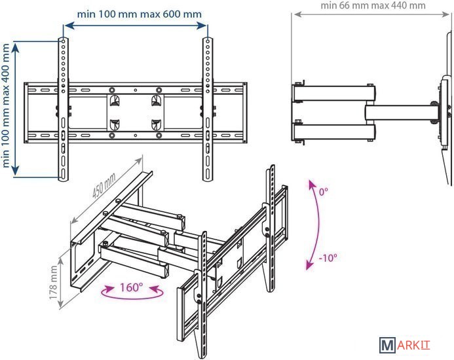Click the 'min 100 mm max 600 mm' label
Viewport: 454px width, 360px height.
pyautogui.click(x=140, y=14)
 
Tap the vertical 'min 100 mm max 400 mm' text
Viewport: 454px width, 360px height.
pyautogui.click(x=6, y=105)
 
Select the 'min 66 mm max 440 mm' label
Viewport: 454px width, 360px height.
pyautogui.click(x=373, y=5)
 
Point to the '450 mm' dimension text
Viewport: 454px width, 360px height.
pyautogui.click(x=104, y=185)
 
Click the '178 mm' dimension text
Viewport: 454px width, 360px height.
pyautogui.click(x=53, y=283)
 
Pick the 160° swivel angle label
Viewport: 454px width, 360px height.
pyautogui.click(x=131, y=287)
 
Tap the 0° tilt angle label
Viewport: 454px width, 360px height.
pyautogui.click(x=324, y=192)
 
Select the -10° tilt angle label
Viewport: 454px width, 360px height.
pyautogui.click(x=328, y=257)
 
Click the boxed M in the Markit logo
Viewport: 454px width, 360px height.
pyautogui.click(x=387, y=345)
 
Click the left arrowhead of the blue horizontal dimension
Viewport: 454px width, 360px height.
pyautogui.click(x=68, y=26)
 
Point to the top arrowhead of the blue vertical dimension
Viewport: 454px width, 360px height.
pyautogui.click(x=15, y=47)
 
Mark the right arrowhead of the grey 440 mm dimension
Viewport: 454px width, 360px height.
pyautogui.click(x=445, y=14)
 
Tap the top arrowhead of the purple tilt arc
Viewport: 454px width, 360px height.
pyautogui.click(x=312, y=184)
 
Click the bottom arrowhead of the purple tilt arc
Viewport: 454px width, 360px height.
pyautogui.click(x=309, y=265)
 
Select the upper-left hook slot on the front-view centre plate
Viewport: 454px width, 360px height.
pyautogui.click(x=115, y=100)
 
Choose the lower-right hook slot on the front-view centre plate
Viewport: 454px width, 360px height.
pyautogui.click(x=156, y=125)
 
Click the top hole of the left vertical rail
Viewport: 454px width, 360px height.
pyautogui.click(x=63, y=41)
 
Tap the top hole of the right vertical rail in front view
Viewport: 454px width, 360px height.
pyautogui.click(x=208, y=41)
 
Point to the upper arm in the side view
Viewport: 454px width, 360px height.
pyautogui.click(x=334, y=93)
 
